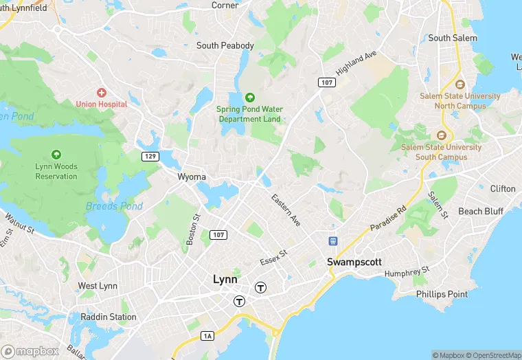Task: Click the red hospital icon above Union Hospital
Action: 102,92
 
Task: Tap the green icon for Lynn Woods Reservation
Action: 56,155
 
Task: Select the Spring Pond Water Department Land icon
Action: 249,98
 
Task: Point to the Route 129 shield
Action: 151,157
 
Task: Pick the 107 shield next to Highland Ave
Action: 326,82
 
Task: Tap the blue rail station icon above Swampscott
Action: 333,241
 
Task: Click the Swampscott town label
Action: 354,262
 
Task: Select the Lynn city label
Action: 225,280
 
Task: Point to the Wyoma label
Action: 192,177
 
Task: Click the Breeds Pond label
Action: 114,206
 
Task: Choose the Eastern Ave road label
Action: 286,210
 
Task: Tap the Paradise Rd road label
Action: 388,218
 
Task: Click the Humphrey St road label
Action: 407,273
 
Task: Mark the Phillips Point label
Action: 442,294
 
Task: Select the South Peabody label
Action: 225,46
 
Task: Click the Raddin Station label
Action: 108,317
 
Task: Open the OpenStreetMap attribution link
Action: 494,355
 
